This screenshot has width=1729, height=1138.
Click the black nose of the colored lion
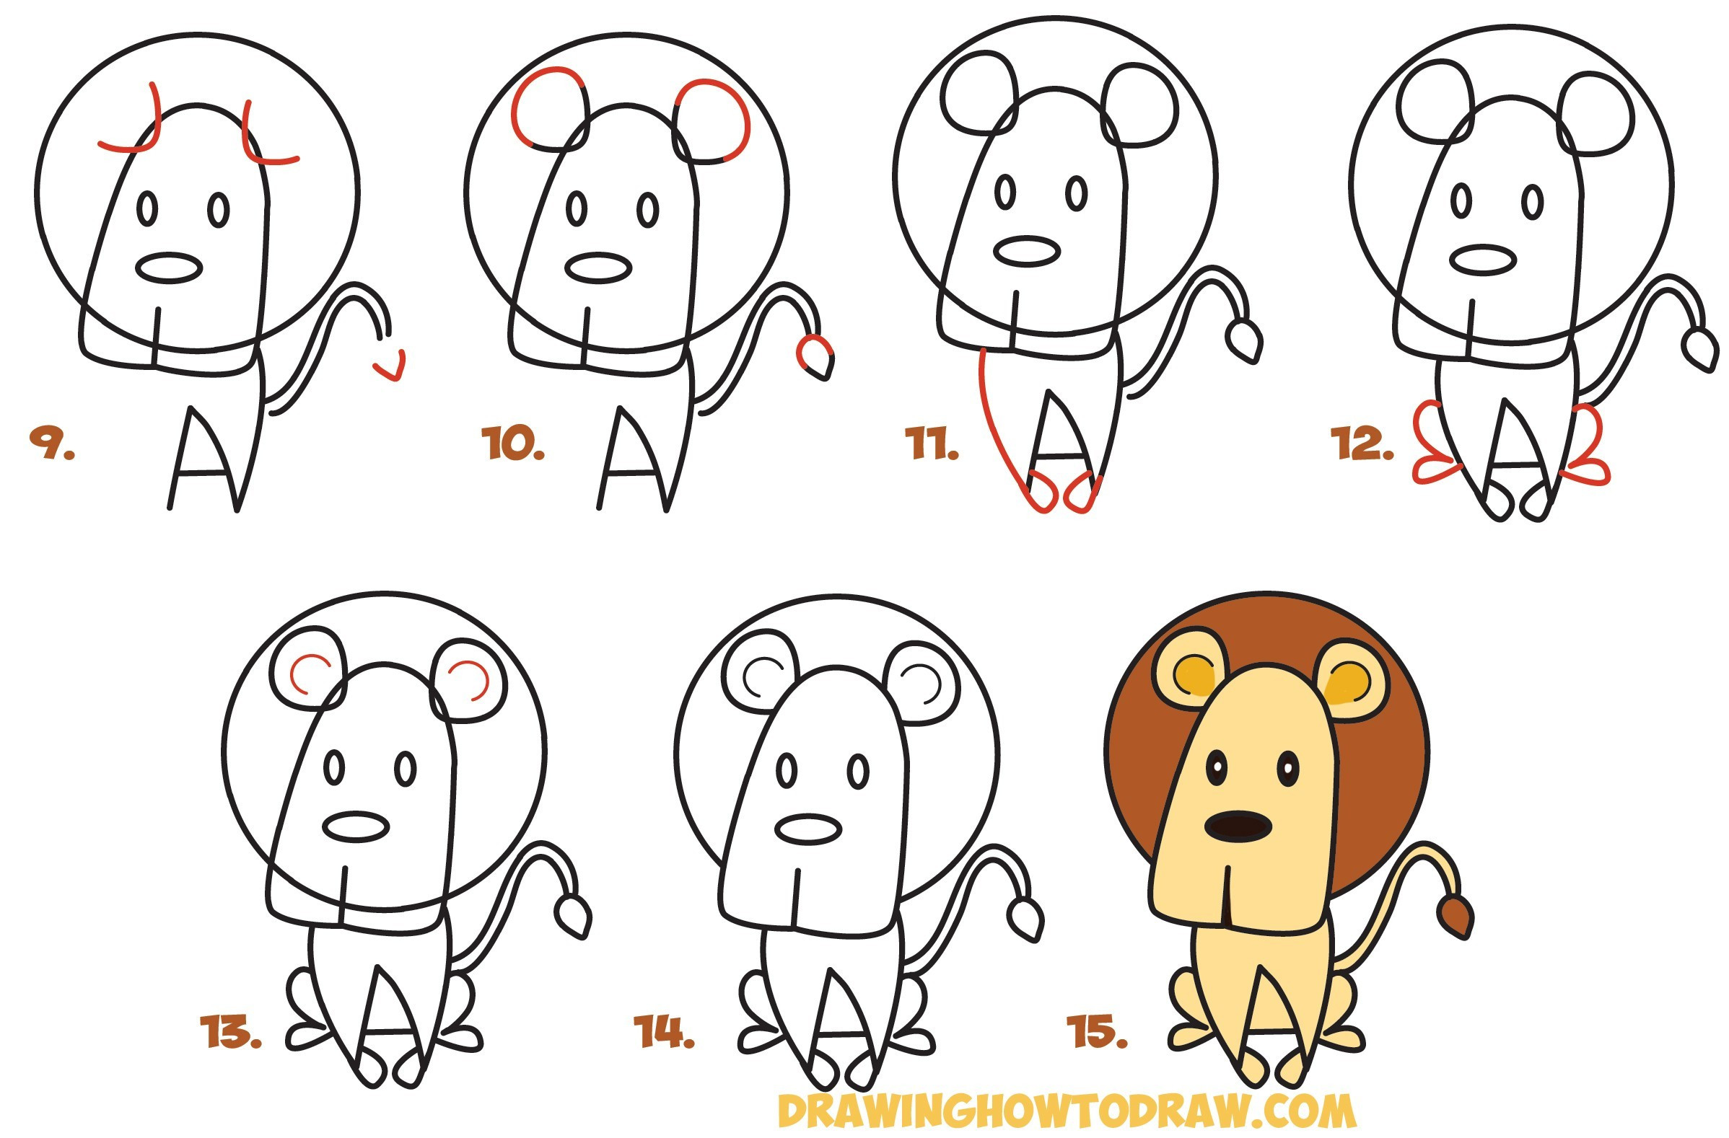point(1238,826)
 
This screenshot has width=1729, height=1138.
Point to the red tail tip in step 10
point(812,353)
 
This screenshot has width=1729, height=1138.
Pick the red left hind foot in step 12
point(1435,450)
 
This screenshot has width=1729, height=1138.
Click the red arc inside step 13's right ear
point(471,680)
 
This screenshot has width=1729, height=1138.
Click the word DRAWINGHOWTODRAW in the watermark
point(1017,1111)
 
